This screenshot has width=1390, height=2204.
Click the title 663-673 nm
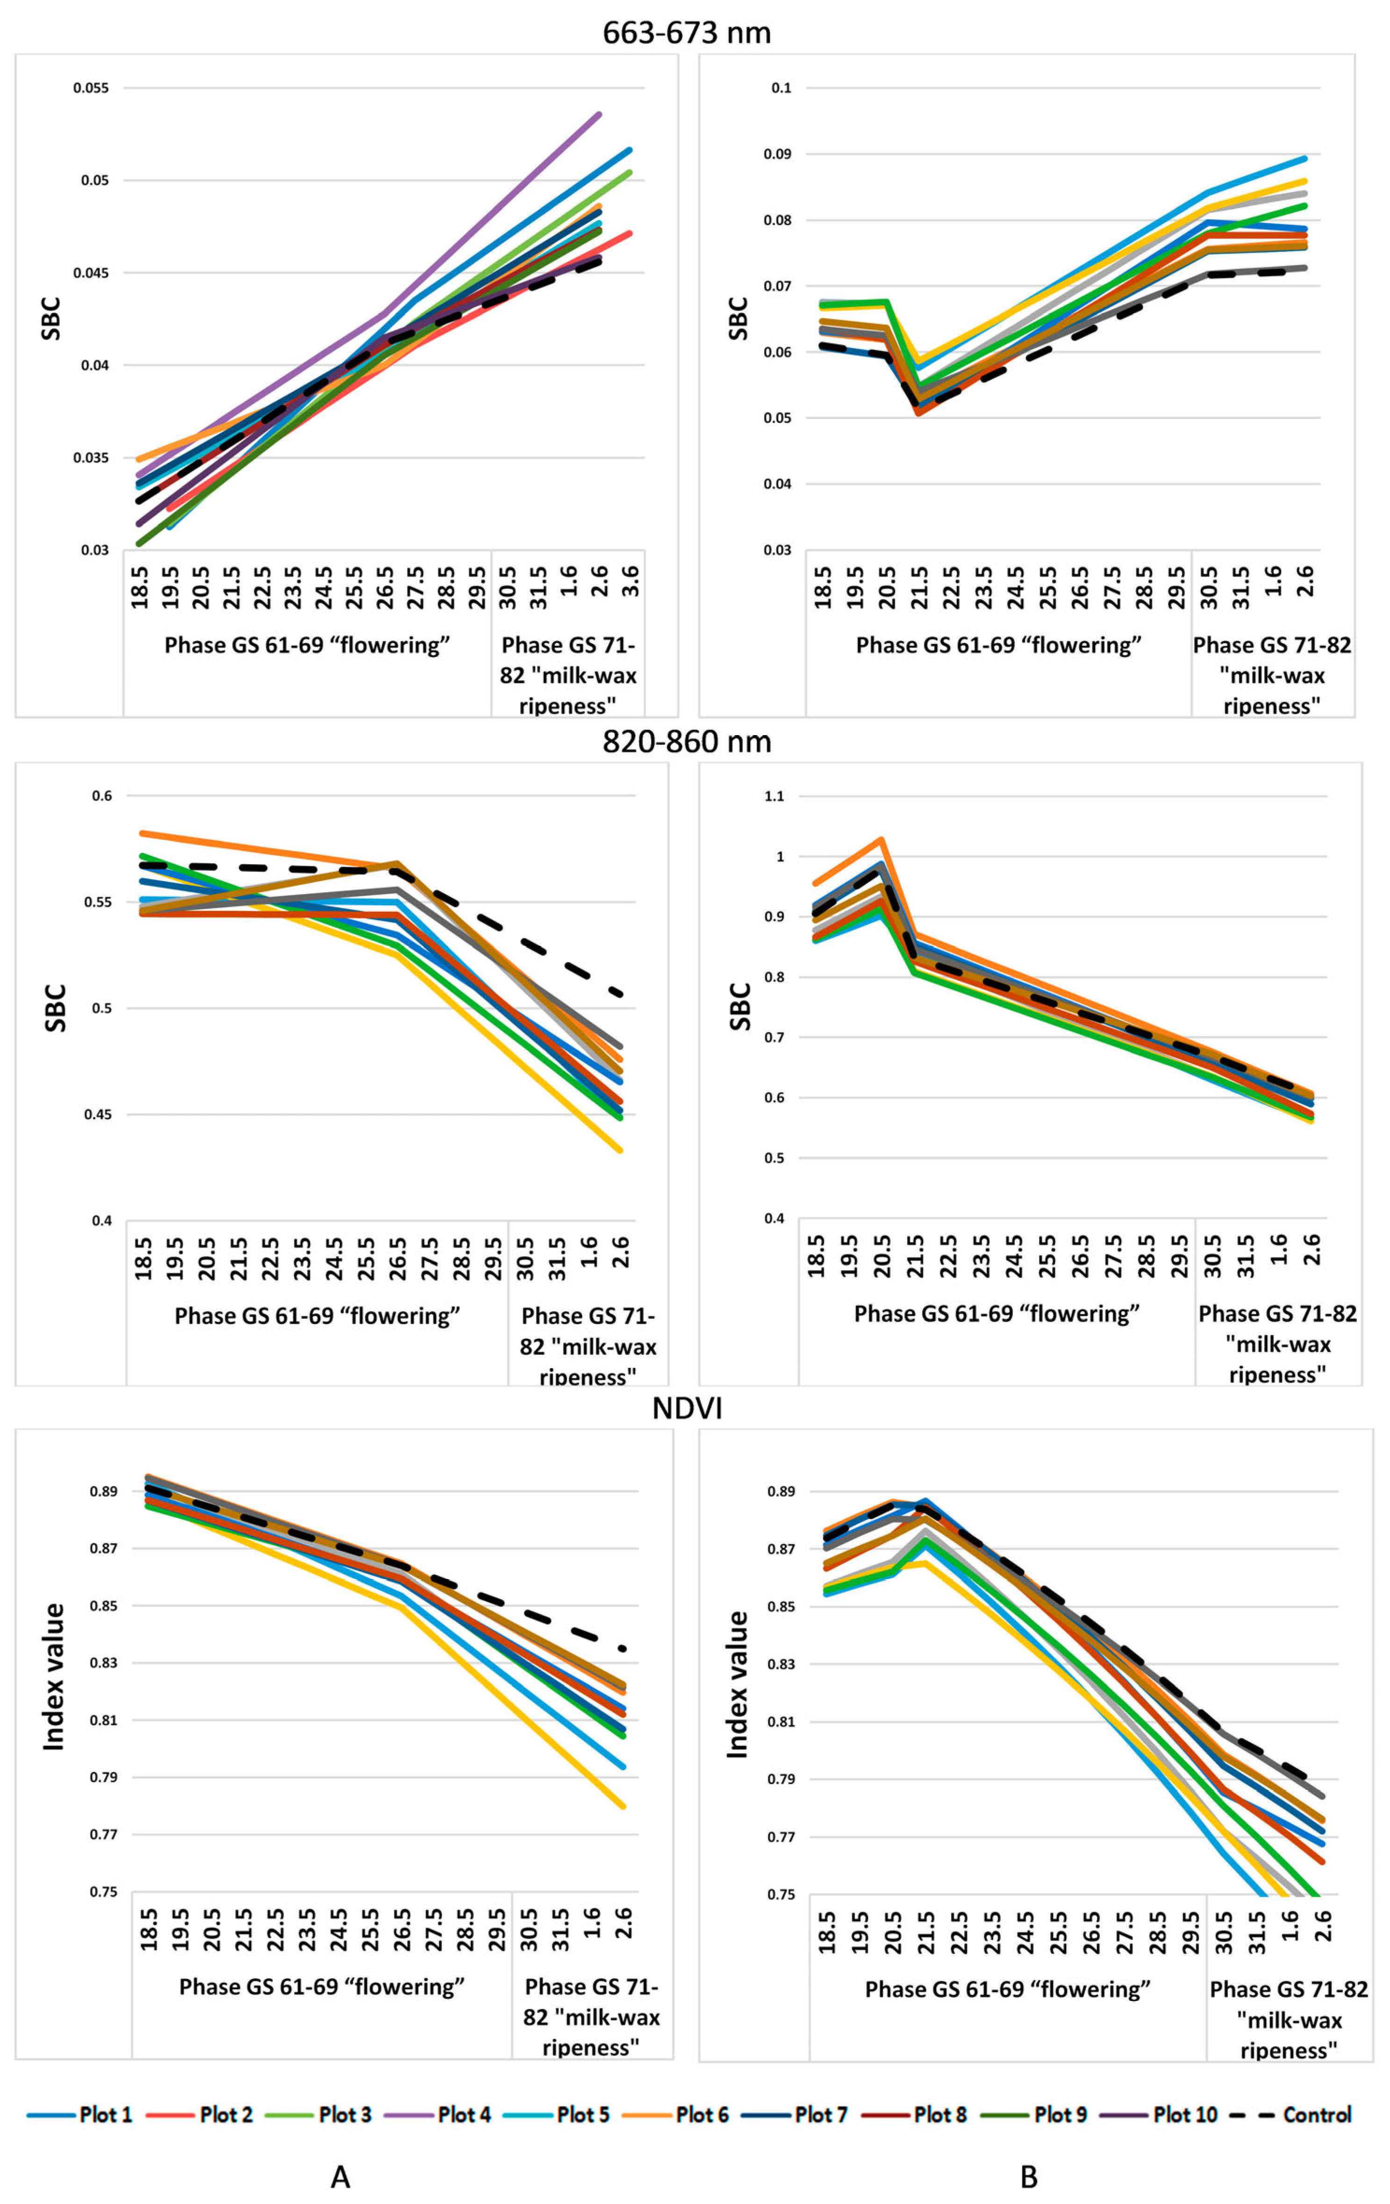point(686,33)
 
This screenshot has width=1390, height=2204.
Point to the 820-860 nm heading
point(686,741)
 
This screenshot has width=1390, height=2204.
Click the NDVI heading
point(686,1409)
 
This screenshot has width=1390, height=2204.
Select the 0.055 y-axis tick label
point(92,88)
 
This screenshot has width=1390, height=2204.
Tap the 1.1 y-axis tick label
point(774,796)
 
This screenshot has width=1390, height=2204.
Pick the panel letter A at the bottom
point(340,2176)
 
